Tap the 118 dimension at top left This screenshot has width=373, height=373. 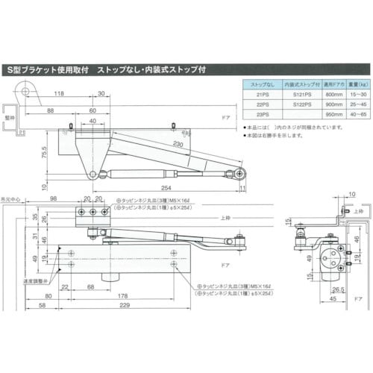(59, 95)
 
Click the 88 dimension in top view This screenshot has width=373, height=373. (49, 110)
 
